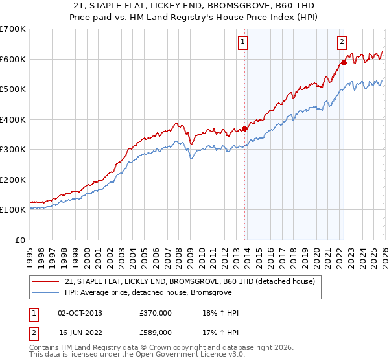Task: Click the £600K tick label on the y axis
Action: point(13,59)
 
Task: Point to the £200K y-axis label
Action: point(13,180)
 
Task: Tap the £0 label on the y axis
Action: point(21,240)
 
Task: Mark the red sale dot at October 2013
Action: point(244,128)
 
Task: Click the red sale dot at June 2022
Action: point(344,62)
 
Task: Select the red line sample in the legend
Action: point(47,281)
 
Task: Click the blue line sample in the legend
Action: point(47,292)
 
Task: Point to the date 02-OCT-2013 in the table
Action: point(80,313)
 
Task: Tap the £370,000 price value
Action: point(156,313)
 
